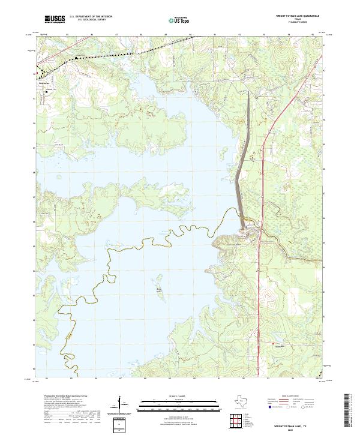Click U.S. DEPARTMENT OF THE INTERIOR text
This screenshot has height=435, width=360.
[91, 17]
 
